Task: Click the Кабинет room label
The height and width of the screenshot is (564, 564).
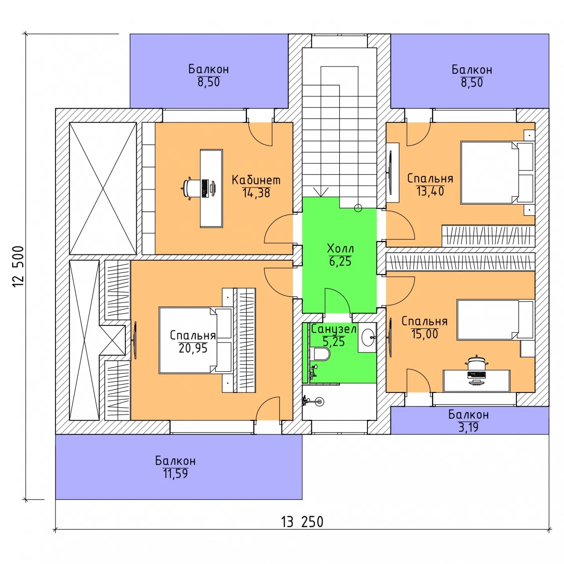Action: point(256,180)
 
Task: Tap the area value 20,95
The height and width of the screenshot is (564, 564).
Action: point(193,348)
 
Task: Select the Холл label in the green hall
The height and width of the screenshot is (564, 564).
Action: point(340,249)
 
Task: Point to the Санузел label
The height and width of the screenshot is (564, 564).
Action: point(334,329)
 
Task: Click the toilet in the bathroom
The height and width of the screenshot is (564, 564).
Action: point(322,354)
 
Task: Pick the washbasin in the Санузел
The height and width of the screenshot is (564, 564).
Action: point(368,337)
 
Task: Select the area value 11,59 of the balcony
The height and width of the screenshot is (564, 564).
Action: point(175,474)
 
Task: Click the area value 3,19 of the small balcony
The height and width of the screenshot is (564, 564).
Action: point(468,427)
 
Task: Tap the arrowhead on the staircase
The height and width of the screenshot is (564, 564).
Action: point(321,192)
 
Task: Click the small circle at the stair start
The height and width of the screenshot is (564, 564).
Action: point(358,208)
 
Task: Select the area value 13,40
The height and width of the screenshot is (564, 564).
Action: point(430,191)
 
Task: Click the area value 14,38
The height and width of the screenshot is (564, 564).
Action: point(256,193)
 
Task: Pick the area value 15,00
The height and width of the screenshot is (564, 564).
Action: point(425,334)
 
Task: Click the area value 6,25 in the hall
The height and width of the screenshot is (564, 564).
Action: point(340,261)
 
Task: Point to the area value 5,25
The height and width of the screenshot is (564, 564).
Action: point(334,342)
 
